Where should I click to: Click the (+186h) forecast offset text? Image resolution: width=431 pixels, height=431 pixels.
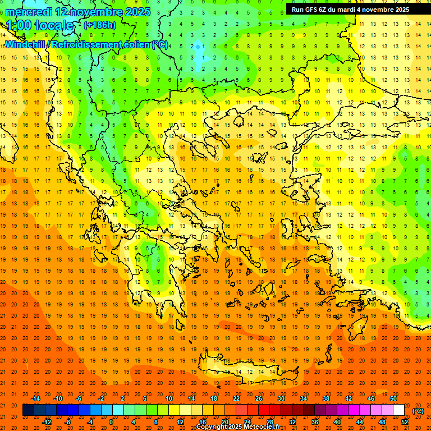[x=100, y=25]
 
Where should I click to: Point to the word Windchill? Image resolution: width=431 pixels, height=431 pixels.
[x=25, y=44]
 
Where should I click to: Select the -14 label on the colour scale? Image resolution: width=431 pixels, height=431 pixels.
[x=35, y=398]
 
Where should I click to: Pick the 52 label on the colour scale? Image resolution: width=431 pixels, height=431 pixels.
[x=405, y=421]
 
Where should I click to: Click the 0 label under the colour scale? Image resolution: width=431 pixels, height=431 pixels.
[x=111, y=421]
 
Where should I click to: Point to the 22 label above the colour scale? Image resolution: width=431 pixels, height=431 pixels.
[x=236, y=398]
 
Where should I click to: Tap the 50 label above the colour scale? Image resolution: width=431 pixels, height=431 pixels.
[x=393, y=398]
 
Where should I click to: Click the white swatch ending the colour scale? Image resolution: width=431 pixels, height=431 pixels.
[x=399, y=410]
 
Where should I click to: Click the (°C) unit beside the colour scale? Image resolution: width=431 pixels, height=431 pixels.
[x=418, y=411]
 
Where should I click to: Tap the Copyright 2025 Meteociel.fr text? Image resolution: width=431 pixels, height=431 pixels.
[x=238, y=427]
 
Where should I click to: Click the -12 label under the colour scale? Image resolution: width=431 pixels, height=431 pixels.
[x=47, y=421]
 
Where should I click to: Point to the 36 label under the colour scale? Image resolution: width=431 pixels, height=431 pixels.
[x=315, y=421]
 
